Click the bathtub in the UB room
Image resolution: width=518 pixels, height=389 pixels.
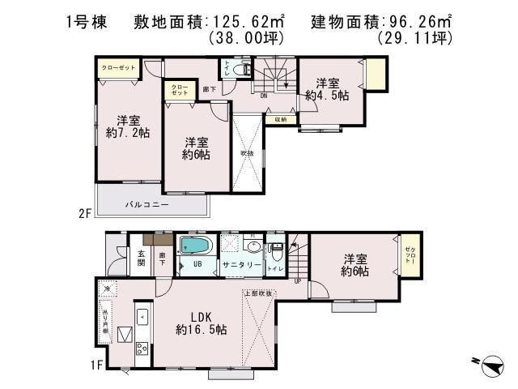click(194, 246)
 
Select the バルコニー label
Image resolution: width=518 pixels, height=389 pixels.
click(146, 205)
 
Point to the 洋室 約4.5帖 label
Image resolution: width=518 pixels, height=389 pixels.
click(327, 88)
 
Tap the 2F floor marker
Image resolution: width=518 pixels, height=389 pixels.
click(84, 213)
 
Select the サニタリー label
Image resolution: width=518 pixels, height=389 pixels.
click(242, 265)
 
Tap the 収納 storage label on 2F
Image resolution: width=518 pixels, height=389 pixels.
click(280, 119)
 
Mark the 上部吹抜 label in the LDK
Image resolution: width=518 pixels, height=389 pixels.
click(259, 293)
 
